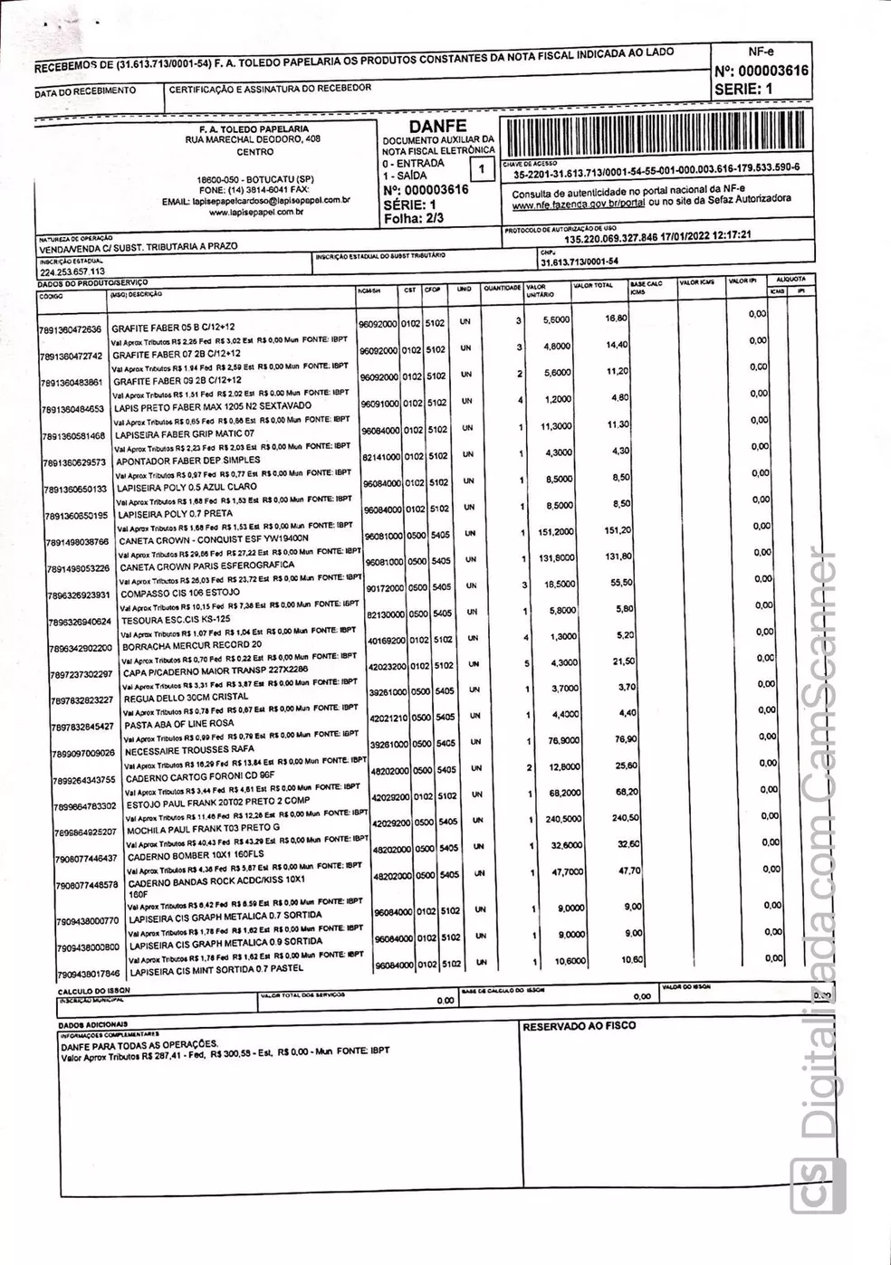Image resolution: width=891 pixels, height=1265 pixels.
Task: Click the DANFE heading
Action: [x=437, y=126]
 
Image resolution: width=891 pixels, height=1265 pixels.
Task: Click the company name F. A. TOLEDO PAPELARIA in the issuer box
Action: [x=247, y=129]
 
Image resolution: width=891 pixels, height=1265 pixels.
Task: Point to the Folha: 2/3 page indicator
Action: [x=413, y=218]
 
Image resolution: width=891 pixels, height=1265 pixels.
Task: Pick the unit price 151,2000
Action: [x=555, y=531]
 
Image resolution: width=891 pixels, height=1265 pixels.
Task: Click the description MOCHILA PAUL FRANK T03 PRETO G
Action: [x=205, y=828]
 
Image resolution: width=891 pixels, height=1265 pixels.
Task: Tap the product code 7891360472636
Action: [x=72, y=330]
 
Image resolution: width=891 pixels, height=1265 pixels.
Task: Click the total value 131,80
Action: [x=618, y=556]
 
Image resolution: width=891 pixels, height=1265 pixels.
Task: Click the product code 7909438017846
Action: [x=87, y=975]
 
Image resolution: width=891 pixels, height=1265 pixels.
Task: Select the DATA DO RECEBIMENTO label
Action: [x=86, y=90]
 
